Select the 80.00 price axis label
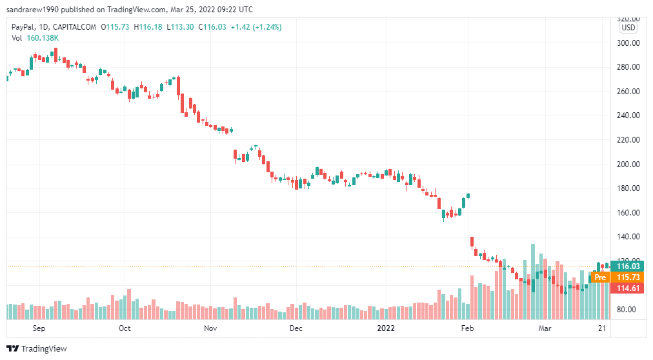point(627,310)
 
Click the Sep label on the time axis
point(39,328)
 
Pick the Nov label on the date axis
point(210,328)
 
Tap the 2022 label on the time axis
point(385,328)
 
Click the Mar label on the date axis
point(546,328)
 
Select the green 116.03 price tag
point(628,266)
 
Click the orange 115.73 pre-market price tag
point(628,277)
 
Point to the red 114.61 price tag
point(628,288)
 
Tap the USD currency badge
point(628,28)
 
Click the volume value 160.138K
point(43,38)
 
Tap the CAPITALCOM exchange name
point(75,26)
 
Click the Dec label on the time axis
point(296,328)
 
